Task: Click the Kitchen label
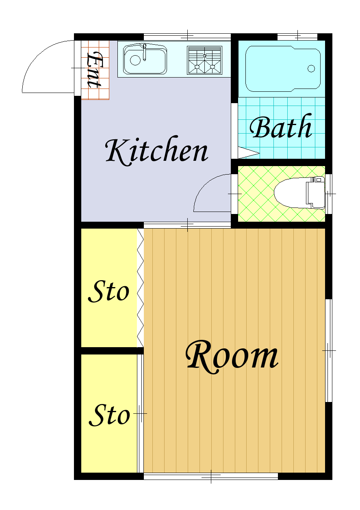157,151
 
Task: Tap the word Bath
281,126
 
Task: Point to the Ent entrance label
95,70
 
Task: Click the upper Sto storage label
109,292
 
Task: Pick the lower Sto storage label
109,415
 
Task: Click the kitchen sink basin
145,59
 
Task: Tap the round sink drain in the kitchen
135,60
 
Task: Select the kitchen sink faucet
145,52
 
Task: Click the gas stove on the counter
204,60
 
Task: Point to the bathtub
283,69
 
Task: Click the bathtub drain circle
311,68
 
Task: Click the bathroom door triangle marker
248,153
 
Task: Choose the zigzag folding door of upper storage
140,288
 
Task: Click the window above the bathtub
297,37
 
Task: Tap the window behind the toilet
328,194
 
